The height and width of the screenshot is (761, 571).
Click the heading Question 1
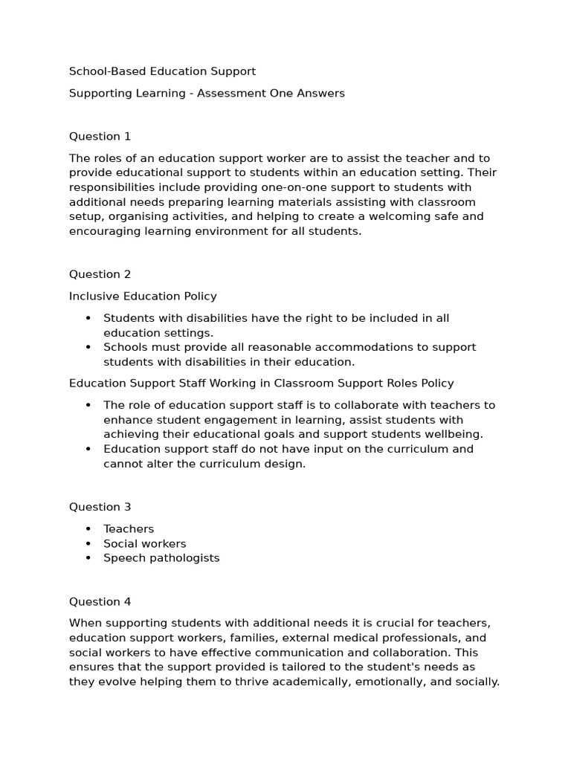pos(100,136)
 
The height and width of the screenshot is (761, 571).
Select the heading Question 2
pos(100,274)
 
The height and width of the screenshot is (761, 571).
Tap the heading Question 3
pos(100,507)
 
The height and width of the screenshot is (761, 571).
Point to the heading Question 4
pos(100,602)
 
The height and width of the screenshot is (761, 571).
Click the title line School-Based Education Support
pos(162,71)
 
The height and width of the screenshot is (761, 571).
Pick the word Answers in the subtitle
pos(321,94)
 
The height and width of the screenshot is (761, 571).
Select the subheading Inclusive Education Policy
pos(143,297)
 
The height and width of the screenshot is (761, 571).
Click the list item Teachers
pos(129,529)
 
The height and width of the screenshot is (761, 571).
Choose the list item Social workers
pos(145,544)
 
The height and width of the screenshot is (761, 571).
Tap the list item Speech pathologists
pos(161,558)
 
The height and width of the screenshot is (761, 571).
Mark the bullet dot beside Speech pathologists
pos(88,558)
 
